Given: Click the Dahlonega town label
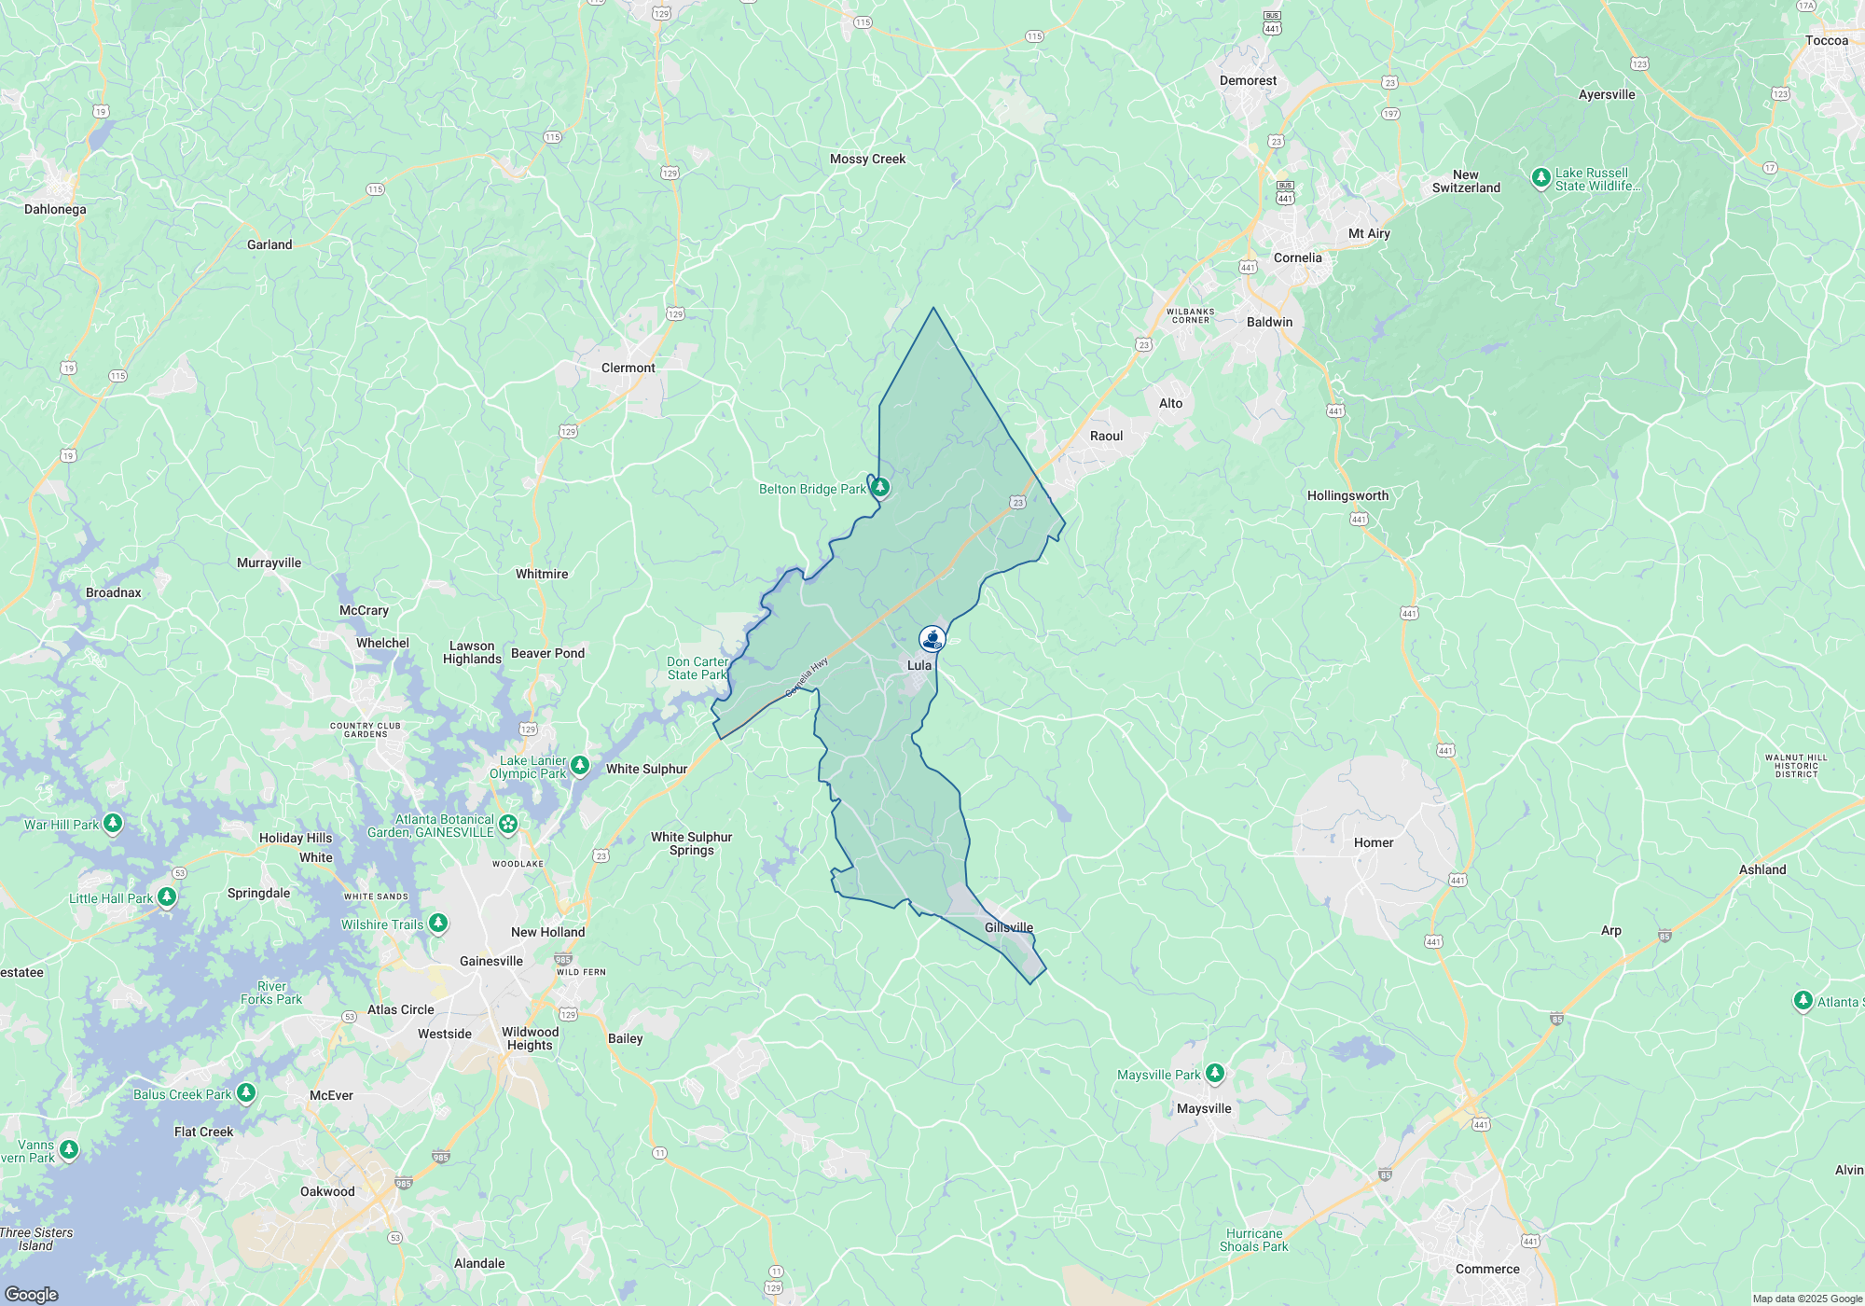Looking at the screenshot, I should (55, 209).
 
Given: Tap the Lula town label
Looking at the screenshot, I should (919, 665).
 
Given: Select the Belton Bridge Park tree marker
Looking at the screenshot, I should (879, 487).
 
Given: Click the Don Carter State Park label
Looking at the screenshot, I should (698, 668).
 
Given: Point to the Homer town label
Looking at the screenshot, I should (1374, 842).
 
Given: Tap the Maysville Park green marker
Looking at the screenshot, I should (1214, 1073).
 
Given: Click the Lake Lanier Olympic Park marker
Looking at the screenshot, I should (580, 765).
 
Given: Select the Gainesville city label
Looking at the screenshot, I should (491, 961).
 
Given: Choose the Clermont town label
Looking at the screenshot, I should (628, 368).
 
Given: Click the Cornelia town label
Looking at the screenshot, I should (1297, 257).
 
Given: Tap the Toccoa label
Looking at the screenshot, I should (1826, 40).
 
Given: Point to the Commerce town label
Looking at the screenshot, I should (1487, 1269).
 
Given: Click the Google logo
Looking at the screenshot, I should (32, 1294).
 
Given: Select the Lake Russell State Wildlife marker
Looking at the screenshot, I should (1540, 177).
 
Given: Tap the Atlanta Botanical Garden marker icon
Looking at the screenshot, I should (508, 823).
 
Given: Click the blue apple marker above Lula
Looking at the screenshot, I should (932, 639).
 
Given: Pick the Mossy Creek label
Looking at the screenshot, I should (867, 159).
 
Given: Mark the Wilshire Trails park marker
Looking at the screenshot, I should (437, 923).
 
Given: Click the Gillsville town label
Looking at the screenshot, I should (1009, 927).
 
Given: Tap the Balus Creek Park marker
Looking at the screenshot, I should (245, 1092).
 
